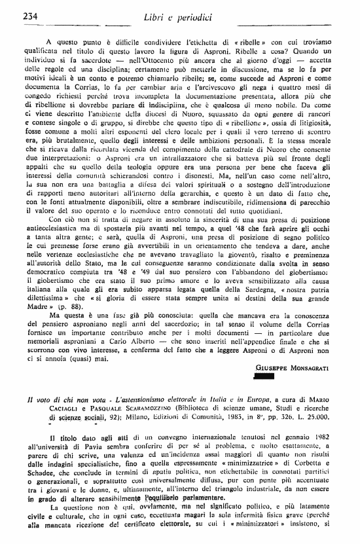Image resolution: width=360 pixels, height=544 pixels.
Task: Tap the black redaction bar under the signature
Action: point(263,376)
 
